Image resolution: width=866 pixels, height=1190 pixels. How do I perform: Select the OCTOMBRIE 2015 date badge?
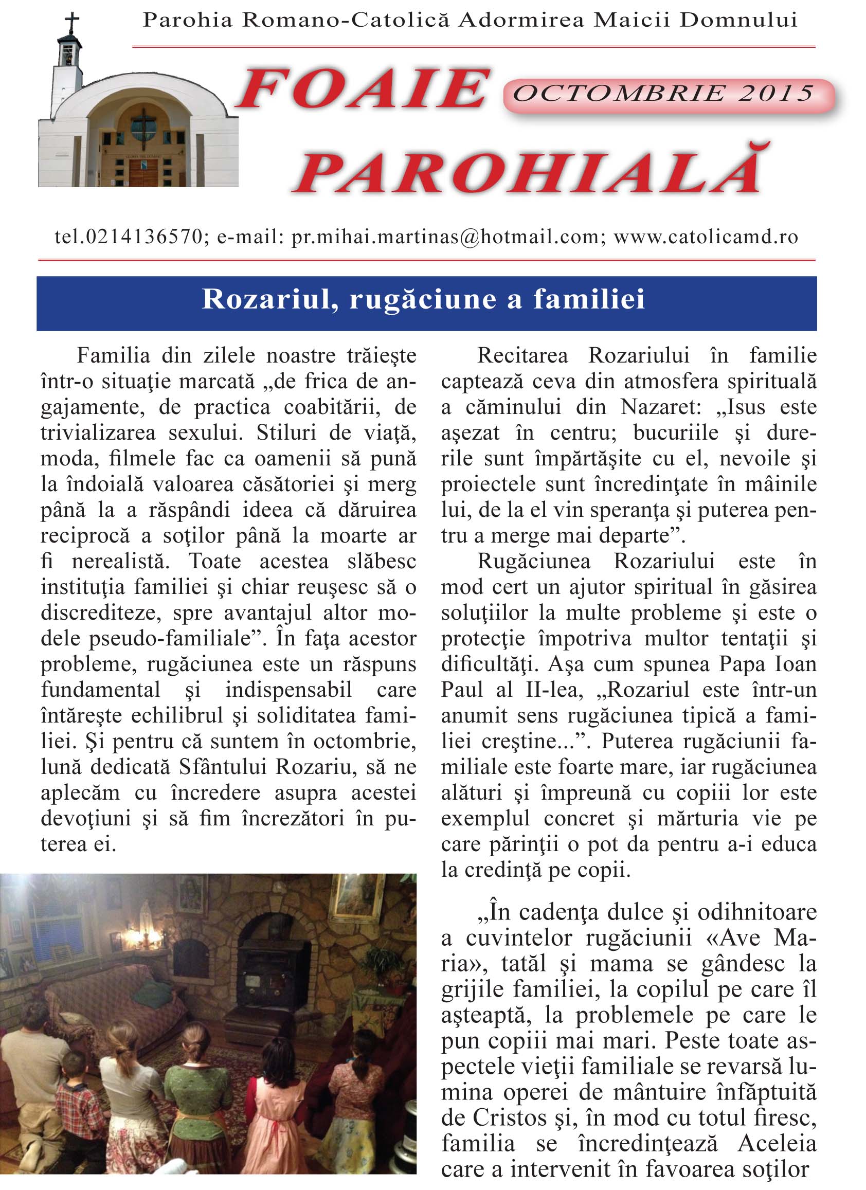click(x=663, y=95)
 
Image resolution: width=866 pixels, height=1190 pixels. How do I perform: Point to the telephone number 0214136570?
click(x=143, y=237)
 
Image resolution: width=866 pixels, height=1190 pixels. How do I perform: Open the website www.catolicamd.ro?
click(x=706, y=237)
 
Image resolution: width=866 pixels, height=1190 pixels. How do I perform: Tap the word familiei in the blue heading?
click(x=589, y=300)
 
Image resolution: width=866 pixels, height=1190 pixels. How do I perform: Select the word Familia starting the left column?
click(x=114, y=356)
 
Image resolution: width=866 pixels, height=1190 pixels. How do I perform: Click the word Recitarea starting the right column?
click(x=522, y=356)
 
